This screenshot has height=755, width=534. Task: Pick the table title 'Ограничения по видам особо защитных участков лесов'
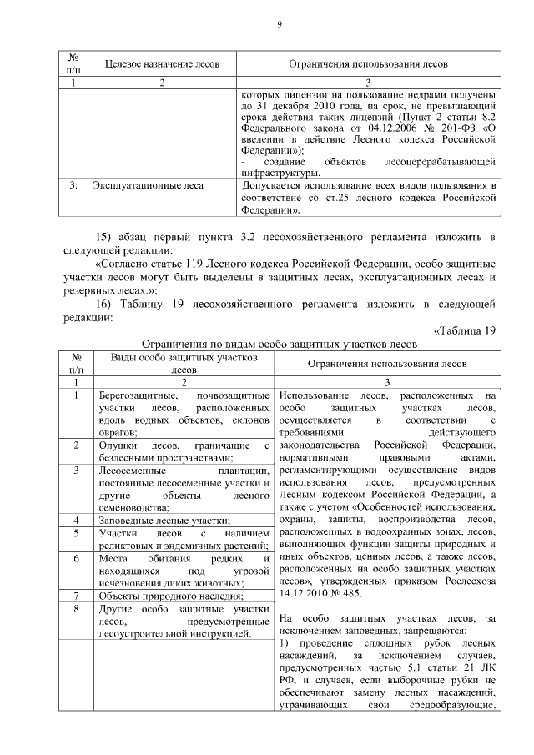tap(278, 343)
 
